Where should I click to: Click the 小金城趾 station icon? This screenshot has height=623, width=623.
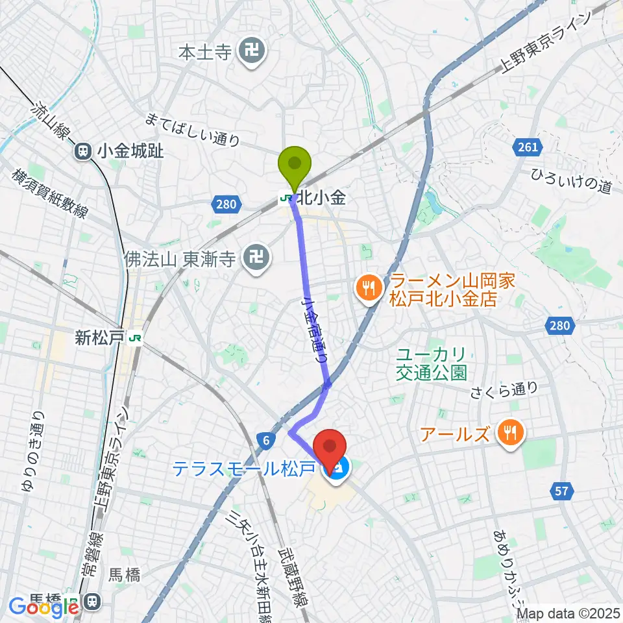coord(83,152)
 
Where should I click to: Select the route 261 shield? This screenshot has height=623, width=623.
coord(527,147)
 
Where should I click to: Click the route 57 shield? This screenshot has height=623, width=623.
coord(562,491)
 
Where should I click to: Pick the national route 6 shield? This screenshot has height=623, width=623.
coord(266,441)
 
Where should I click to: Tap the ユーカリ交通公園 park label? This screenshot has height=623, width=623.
coord(431,364)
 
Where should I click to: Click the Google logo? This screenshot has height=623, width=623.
coord(43,607)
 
